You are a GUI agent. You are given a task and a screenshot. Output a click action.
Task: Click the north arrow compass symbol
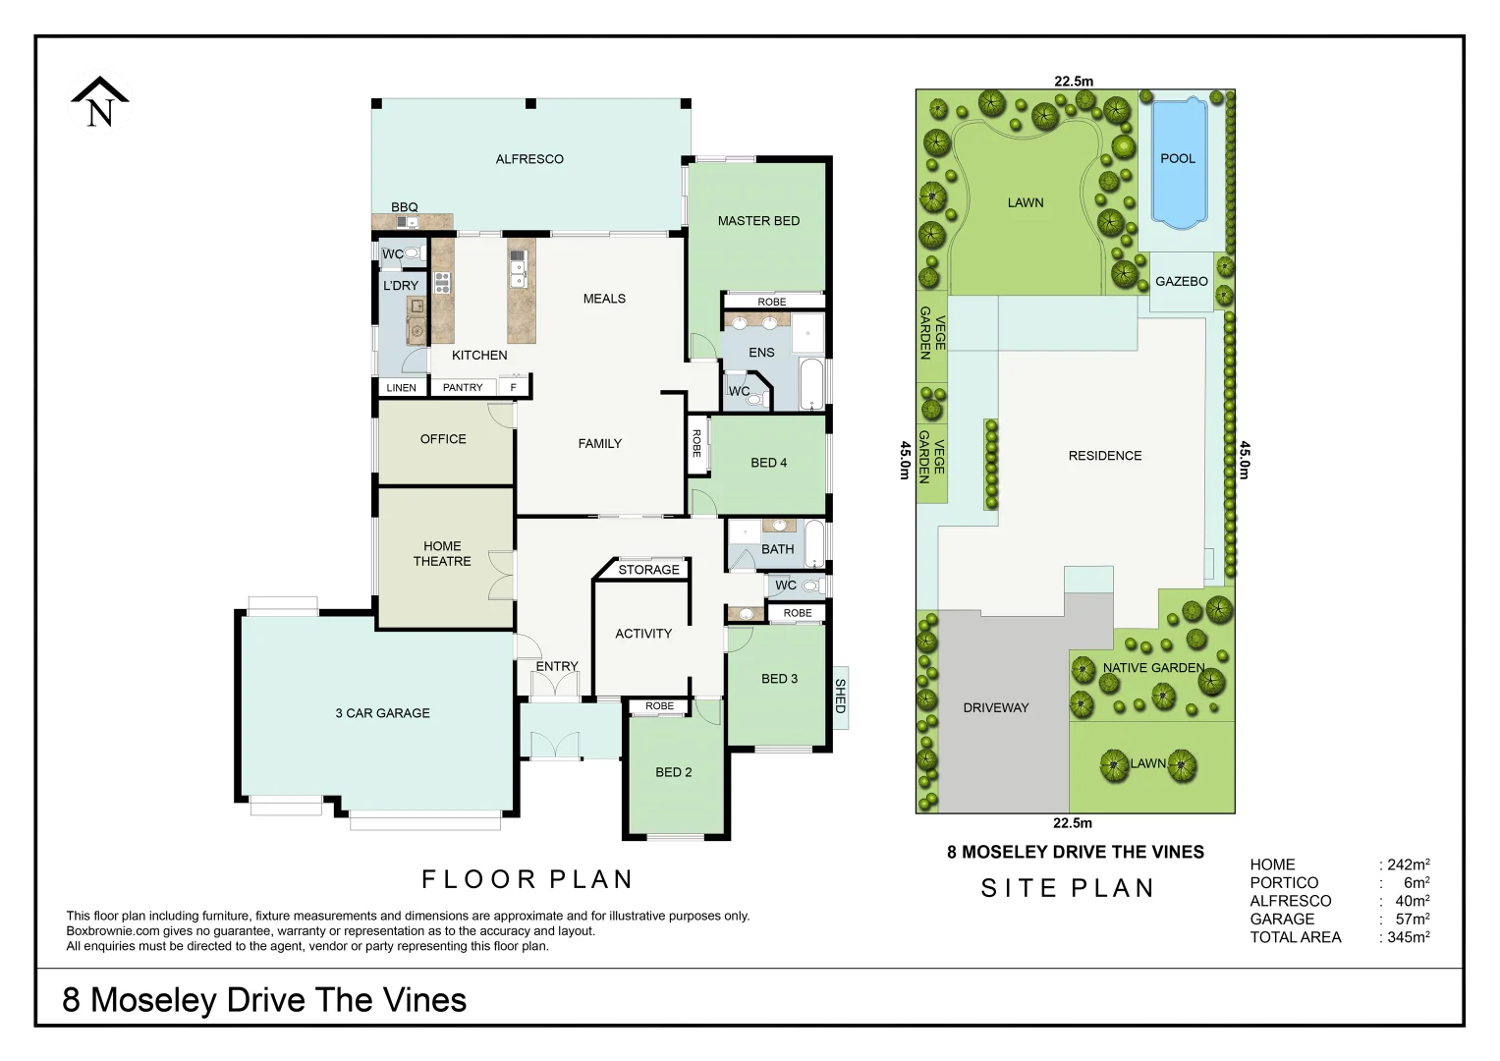99,103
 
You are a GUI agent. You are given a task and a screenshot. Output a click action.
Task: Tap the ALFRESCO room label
529,159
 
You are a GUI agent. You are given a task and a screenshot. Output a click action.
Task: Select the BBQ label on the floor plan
405,207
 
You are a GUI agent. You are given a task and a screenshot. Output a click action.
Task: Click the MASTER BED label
758,221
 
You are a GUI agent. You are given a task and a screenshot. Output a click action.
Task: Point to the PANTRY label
463,388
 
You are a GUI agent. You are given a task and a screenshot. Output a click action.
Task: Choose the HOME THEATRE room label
442,554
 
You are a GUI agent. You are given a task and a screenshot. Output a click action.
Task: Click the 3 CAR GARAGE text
382,713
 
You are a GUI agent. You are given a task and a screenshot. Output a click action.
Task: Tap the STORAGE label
648,570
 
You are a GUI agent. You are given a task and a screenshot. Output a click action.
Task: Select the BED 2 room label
674,772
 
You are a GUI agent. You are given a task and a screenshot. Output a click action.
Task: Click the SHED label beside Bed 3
840,696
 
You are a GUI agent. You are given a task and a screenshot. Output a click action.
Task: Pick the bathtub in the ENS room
811,385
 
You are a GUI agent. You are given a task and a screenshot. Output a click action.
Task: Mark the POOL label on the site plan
1178,158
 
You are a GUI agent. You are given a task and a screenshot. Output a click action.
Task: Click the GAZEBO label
1181,281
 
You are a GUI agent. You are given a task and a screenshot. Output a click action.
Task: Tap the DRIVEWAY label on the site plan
996,707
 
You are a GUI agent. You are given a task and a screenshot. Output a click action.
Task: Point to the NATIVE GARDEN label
1153,668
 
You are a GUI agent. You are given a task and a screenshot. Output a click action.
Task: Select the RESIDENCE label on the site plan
1105,456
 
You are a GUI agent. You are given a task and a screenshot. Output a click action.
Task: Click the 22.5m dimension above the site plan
1074,82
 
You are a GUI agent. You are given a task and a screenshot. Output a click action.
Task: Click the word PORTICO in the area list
1284,883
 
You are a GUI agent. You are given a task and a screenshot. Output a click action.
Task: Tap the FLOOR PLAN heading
528,879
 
